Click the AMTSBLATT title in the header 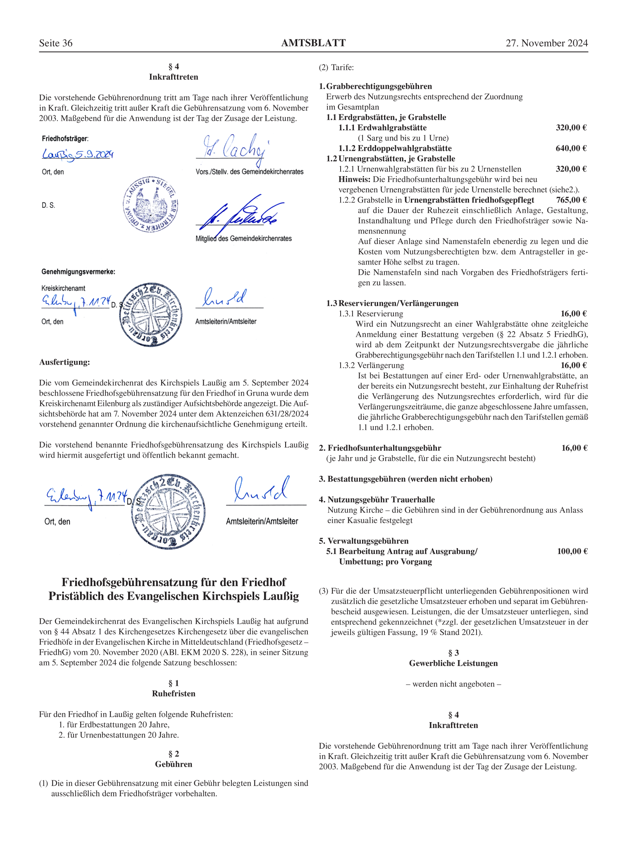[x=313, y=43]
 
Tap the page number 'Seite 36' [x=56, y=43]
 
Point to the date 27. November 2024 [x=546, y=43]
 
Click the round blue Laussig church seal [x=151, y=205]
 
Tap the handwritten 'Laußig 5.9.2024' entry [x=78, y=155]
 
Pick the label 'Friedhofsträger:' [x=65, y=139]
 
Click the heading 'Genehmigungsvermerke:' [x=78, y=272]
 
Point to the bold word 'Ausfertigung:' [x=64, y=363]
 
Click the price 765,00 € [x=571, y=200]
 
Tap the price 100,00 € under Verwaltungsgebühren [x=572, y=551]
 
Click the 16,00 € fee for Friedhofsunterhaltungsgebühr [x=574, y=448]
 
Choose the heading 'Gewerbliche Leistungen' [x=453, y=663]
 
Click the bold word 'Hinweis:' [x=354, y=179]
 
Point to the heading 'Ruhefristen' [x=174, y=694]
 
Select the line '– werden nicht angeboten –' [x=453, y=684]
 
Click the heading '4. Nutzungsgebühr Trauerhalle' [x=377, y=500]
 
